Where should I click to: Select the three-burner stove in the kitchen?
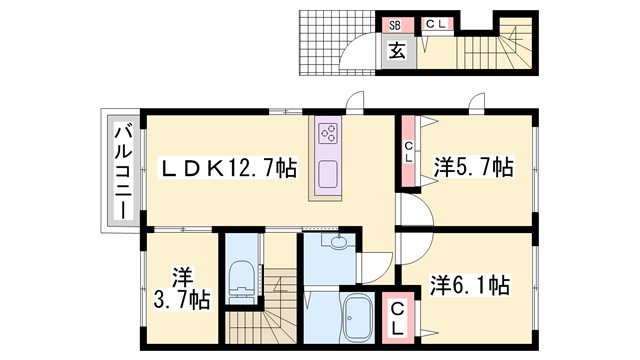pos(329,134)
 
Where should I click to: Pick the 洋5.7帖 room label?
pos(473,167)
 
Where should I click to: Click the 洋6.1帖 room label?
pos(471,285)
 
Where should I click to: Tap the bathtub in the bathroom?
pos(357,319)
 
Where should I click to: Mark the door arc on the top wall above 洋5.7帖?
pos(475,103)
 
